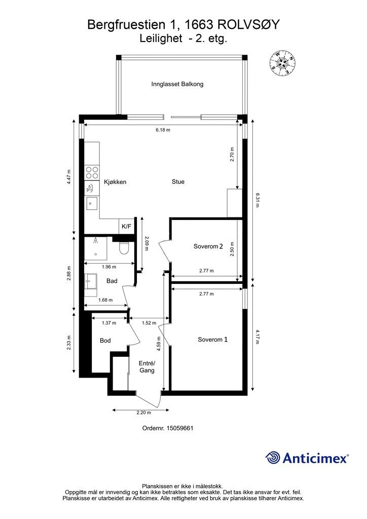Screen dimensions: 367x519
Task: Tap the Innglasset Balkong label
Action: pos(177,84)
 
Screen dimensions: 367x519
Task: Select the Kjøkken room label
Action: pos(115,182)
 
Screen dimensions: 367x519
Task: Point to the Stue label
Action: pos(178,181)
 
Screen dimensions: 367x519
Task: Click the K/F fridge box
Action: pos(126,227)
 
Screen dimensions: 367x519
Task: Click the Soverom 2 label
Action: pos(208,246)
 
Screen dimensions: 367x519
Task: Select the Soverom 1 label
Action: pos(212,339)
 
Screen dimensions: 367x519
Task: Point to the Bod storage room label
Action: pos(105,340)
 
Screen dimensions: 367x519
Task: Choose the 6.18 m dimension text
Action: pos(163,130)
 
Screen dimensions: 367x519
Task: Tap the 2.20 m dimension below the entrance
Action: pos(143,413)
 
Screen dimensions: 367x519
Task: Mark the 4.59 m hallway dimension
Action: pos(159,344)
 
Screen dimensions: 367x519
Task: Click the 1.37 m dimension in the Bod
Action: pos(109,323)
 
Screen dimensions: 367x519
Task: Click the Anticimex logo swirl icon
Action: pos(273,458)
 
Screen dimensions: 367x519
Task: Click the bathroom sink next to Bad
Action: pos(91,281)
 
